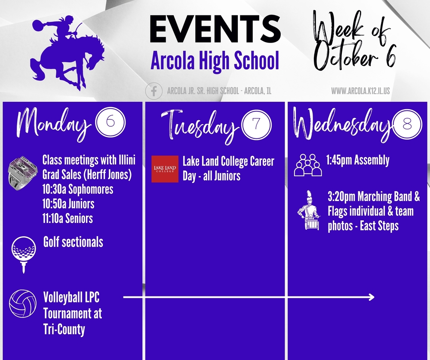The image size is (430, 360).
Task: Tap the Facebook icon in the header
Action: (154, 91)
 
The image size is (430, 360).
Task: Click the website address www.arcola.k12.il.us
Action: (360, 91)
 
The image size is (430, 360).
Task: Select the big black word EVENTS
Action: (215, 29)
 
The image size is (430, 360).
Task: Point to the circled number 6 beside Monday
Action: (110, 122)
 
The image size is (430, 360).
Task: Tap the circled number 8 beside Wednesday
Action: (408, 124)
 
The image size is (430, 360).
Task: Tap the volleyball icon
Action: (23, 303)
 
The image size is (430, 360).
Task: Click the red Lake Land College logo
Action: (165, 169)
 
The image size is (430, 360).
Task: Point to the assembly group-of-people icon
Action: (308, 165)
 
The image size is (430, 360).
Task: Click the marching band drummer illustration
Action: (309, 210)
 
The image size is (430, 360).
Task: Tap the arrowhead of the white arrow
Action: (372, 297)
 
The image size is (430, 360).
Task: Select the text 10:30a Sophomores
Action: (78, 189)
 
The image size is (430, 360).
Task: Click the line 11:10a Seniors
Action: (68, 218)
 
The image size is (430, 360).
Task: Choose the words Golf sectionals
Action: (73, 242)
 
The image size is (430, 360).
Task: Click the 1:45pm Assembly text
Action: (358, 160)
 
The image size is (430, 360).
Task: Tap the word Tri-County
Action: (64, 329)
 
